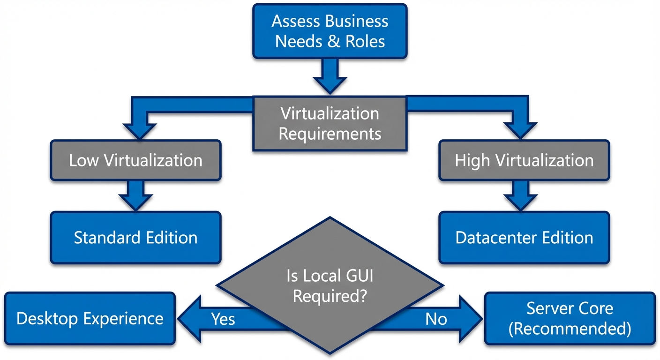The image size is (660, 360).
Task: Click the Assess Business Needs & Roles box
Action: pyautogui.click(x=330, y=31)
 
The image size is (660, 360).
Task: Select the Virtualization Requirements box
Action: pyautogui.click(x=330, y=124)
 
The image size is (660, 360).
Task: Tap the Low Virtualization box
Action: pyautogui.click(x=135, y=160)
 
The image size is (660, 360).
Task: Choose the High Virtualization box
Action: pyautogui.click(x=524, y=160)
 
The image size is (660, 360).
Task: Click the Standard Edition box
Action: pyautogui.click(x=135, y=237)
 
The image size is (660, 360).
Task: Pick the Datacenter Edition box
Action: pyautogui.click(x=524, y=237)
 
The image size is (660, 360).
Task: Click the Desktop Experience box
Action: pyautogui.click(x=90, y=319)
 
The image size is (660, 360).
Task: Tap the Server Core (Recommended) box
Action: pyautogui.click(x=570, y=318)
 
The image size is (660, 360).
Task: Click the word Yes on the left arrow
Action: pyautogui.click(x=223, y=319)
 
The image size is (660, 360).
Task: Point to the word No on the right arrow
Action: pyautogui.click(x=436, y=319)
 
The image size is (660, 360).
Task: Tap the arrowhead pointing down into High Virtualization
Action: pyautogui.click(x=521, y=131)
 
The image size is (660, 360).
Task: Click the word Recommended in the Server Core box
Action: pyautogui.click(x=570, y=329)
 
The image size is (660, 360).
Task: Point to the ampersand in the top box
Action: pyautogui.click(x=332, y=41)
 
